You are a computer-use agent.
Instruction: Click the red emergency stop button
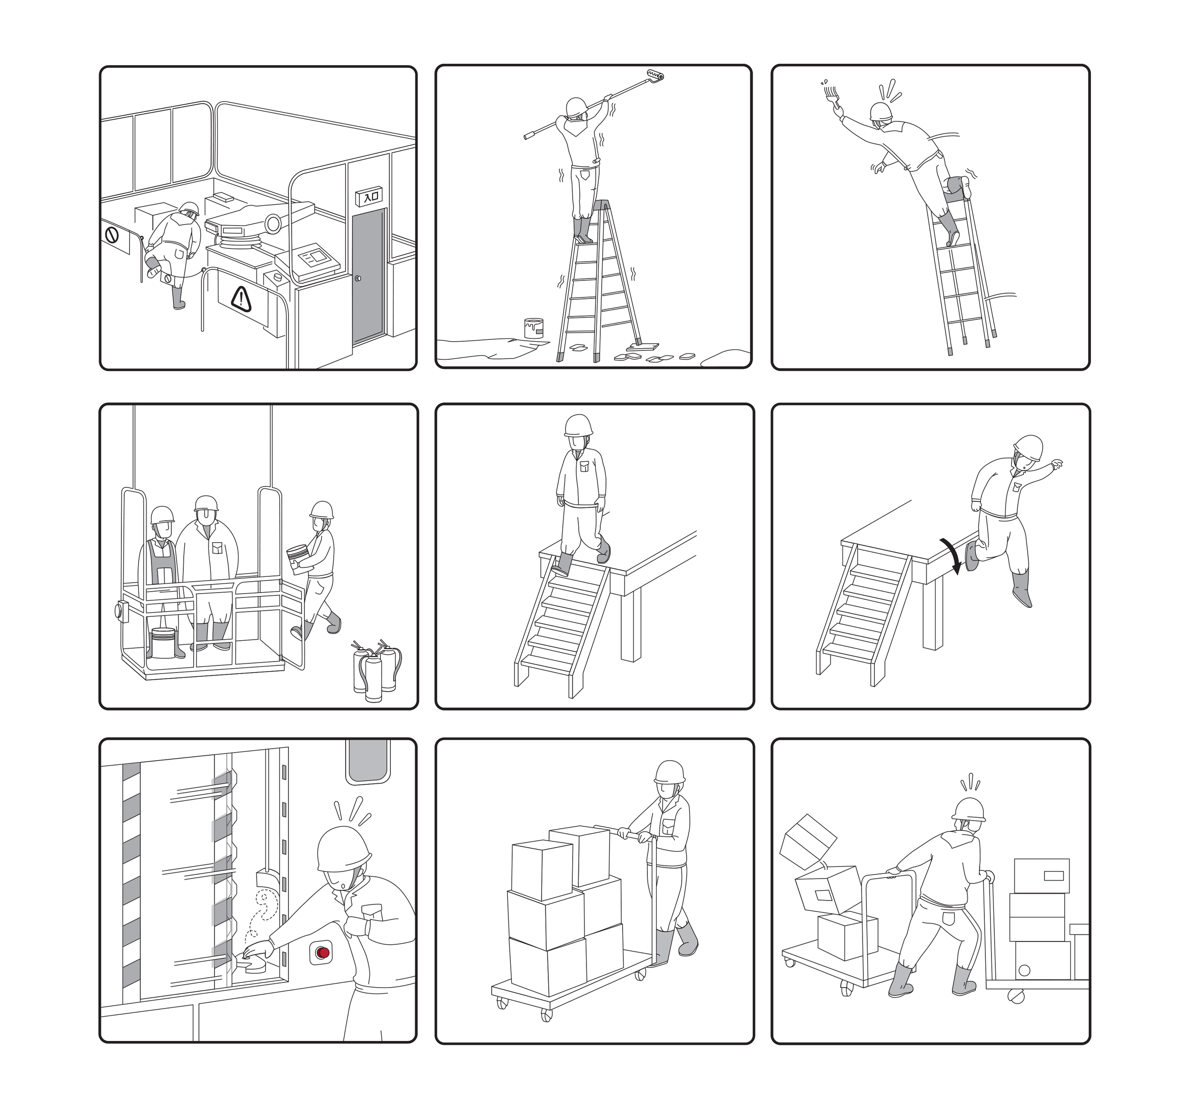point(323,951)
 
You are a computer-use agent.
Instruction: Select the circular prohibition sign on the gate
point(111,235)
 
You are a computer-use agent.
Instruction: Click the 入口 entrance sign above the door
point(367,195)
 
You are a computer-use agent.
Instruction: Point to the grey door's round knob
point(358,278)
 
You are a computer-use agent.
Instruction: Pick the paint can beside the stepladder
point(534,328)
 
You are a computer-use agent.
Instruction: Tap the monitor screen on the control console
point(317,258)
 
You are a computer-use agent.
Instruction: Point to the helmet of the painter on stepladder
point(576,107)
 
